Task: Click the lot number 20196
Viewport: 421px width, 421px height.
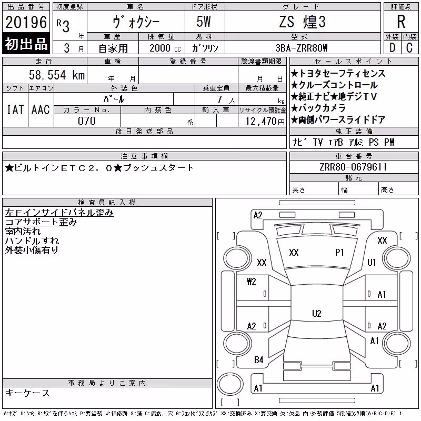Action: (26, 22)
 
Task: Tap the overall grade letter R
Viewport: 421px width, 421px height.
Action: (401, 22)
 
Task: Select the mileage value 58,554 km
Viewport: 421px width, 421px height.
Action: (57, 75)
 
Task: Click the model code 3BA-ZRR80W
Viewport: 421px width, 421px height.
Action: (302, 48)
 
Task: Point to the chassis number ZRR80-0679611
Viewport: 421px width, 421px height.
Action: (353, 167)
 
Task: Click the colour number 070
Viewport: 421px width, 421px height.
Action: (87, 121)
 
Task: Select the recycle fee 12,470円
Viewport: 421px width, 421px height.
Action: (265, 122)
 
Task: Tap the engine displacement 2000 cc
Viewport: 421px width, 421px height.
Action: (165, 48)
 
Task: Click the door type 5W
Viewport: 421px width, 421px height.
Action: (204, 22)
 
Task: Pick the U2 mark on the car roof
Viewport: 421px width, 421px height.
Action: (317, 313)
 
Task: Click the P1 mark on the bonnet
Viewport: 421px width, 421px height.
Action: (339, 253)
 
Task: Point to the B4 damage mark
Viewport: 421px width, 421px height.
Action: (258, 360)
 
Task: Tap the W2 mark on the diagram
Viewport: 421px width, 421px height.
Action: (252, 282)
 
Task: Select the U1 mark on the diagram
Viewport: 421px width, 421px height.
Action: (372, 262)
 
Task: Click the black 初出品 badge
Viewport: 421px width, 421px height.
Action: (26, 44)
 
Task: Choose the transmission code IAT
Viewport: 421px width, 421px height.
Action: (15, 109)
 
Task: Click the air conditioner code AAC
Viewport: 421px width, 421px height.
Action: (41, 109)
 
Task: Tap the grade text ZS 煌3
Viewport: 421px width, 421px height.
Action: (302, 22)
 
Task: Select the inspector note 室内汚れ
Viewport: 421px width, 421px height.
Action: (23, 232)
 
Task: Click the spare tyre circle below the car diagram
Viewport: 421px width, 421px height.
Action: (230, 384)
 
